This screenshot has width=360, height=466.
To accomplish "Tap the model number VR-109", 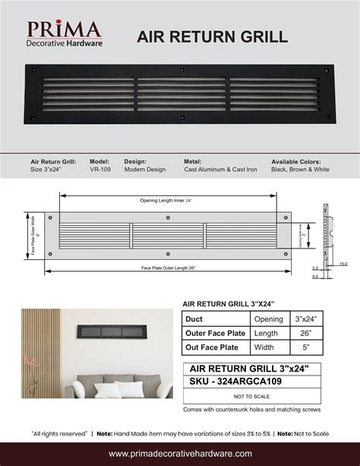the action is pos(100,170).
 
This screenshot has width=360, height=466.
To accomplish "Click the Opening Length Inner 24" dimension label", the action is pos(166,200).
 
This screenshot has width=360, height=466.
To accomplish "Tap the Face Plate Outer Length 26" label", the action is pos(169,267).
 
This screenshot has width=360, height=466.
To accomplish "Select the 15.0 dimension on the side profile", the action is pos(343,264).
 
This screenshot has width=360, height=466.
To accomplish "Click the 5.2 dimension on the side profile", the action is pos(314,268).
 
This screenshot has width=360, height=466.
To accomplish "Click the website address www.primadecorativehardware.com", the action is pos(180,453).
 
